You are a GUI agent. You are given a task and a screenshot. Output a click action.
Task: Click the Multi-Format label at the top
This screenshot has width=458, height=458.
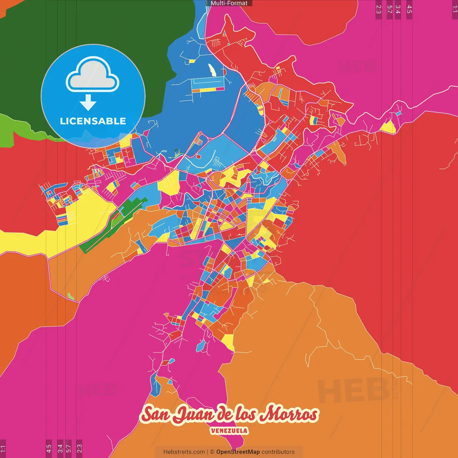[229, 3]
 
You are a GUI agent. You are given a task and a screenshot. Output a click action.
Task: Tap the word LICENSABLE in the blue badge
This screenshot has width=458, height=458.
[93, 121]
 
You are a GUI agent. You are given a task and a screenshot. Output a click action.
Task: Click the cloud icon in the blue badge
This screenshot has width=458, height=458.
[93, 74]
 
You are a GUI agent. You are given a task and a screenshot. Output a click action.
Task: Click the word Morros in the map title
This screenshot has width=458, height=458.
[289, 414]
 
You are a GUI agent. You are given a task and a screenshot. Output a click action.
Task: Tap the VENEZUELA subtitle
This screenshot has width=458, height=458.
[229, 430]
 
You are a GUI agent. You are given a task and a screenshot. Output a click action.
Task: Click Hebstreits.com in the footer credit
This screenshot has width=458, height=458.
[184, 452]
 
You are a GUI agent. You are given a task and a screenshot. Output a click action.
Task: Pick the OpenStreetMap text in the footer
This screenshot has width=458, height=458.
[238, 452]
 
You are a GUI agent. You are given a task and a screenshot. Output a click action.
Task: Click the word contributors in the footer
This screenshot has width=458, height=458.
[278, 452]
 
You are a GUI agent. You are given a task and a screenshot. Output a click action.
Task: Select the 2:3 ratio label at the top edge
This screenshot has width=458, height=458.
[379, 9]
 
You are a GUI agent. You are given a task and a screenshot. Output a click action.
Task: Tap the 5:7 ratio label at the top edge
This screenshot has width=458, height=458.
[389, 9]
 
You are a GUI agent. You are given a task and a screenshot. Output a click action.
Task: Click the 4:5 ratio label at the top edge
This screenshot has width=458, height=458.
[409, 9]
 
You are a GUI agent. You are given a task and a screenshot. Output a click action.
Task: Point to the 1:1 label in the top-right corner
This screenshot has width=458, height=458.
[454, 9]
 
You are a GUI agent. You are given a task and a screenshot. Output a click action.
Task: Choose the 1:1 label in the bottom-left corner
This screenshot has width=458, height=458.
[3, 449]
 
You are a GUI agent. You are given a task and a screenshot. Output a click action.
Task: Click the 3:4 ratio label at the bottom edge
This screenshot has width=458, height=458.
[60, 449]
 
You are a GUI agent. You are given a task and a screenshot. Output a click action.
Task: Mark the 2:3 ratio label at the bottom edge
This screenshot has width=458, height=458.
[79, 449]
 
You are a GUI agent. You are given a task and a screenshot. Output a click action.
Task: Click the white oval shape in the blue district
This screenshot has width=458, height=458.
[212, 70]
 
